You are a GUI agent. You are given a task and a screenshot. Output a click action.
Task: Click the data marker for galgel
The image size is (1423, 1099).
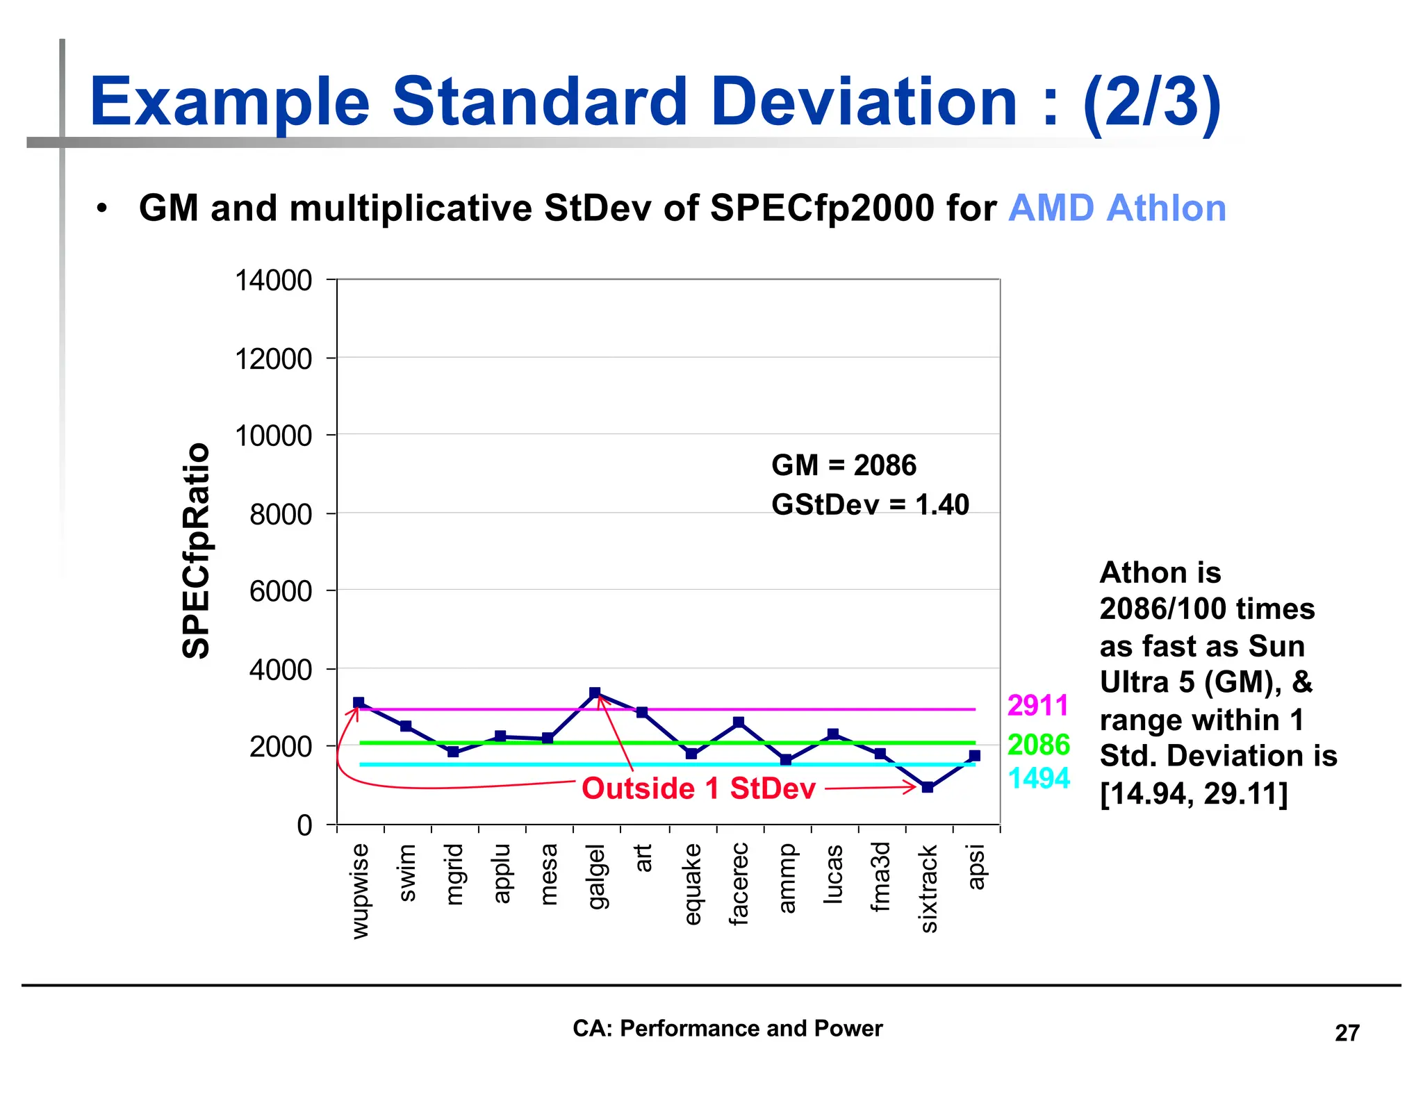(595, 693)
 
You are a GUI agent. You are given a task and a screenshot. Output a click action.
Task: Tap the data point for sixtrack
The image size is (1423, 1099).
(927, 787)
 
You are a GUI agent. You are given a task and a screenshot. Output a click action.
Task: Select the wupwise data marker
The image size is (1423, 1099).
(359, 702)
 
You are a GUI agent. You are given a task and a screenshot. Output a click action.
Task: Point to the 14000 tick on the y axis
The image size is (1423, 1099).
(273, 281)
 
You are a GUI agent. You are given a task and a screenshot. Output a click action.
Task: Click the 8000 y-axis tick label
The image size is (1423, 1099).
(281, 515)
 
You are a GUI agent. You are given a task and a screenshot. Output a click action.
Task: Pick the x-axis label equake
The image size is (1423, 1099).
(692, 884)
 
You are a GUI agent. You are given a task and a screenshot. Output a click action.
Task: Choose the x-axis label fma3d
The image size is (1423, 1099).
(880, 876)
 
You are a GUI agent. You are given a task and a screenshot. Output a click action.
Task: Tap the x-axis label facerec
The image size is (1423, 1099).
(739, 884)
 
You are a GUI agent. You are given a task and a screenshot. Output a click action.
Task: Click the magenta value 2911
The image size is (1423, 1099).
(1037, 706)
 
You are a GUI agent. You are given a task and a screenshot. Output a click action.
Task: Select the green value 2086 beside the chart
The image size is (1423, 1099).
(1038, 745)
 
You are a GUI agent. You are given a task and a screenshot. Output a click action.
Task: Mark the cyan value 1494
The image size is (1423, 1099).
(1038, 778)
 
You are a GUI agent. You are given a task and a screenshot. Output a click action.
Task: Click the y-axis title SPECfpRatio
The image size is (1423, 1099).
(196, 550)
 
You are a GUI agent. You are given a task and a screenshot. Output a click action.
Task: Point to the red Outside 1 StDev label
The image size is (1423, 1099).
(698, 788)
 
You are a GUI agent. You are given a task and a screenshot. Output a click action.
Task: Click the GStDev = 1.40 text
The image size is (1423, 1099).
(870, 505)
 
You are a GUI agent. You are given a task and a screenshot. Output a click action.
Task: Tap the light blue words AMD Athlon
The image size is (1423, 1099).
(1117, 208)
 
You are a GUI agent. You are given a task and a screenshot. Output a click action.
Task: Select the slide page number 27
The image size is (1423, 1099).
(1347, 1033)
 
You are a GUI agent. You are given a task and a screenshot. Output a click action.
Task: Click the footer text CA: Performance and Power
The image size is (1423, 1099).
(727, 1028)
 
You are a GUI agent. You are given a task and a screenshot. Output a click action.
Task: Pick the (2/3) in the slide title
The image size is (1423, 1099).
(1151, 102)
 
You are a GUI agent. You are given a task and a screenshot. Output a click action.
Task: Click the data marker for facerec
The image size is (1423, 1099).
(739, 722)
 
